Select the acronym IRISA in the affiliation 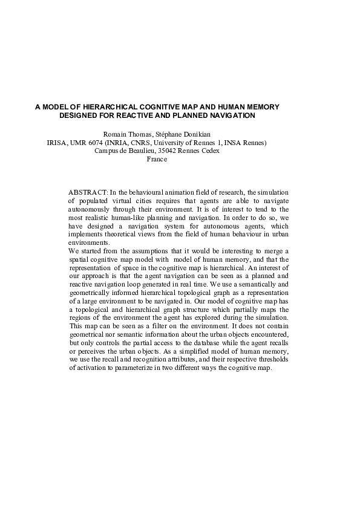point(57,143)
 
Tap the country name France point(157,160)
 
